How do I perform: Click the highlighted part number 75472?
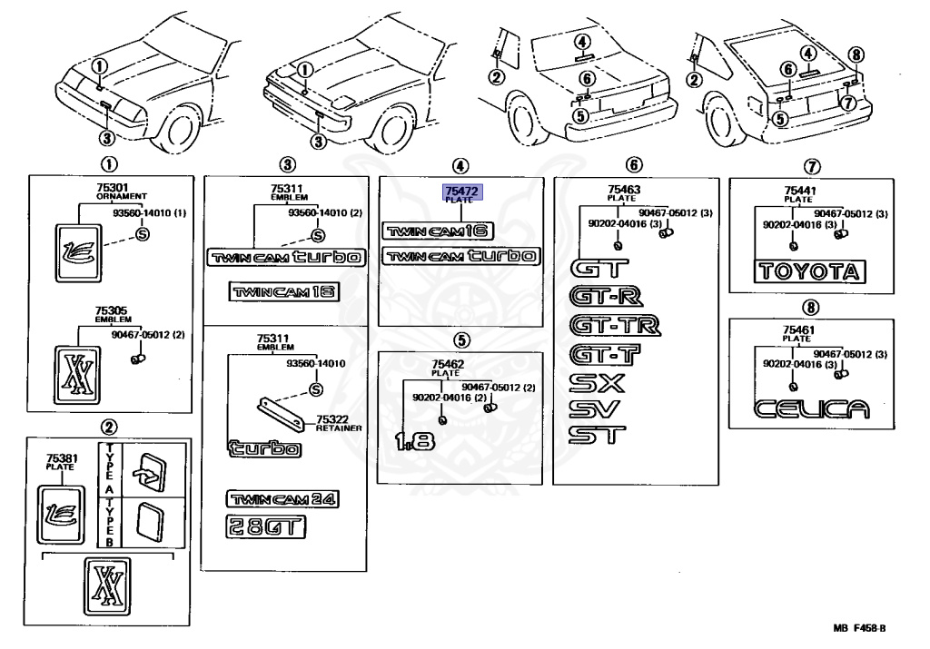461,191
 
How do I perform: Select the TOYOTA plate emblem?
809,271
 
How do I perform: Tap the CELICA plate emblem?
811,409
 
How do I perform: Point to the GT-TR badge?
615,325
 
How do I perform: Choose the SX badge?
597,383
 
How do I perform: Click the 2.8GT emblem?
266,526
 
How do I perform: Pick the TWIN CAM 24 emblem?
282,499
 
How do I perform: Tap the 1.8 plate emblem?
415,440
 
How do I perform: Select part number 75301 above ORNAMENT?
112,188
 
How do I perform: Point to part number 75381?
63,458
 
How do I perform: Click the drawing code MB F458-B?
859,628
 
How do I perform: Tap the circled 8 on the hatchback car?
856,55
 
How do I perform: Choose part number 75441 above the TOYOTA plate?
800,191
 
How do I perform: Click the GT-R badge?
606,296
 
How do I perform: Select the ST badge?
597,435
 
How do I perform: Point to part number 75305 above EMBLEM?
111,310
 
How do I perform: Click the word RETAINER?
339,428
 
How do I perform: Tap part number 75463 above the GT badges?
624,190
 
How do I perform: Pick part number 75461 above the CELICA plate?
798,329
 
